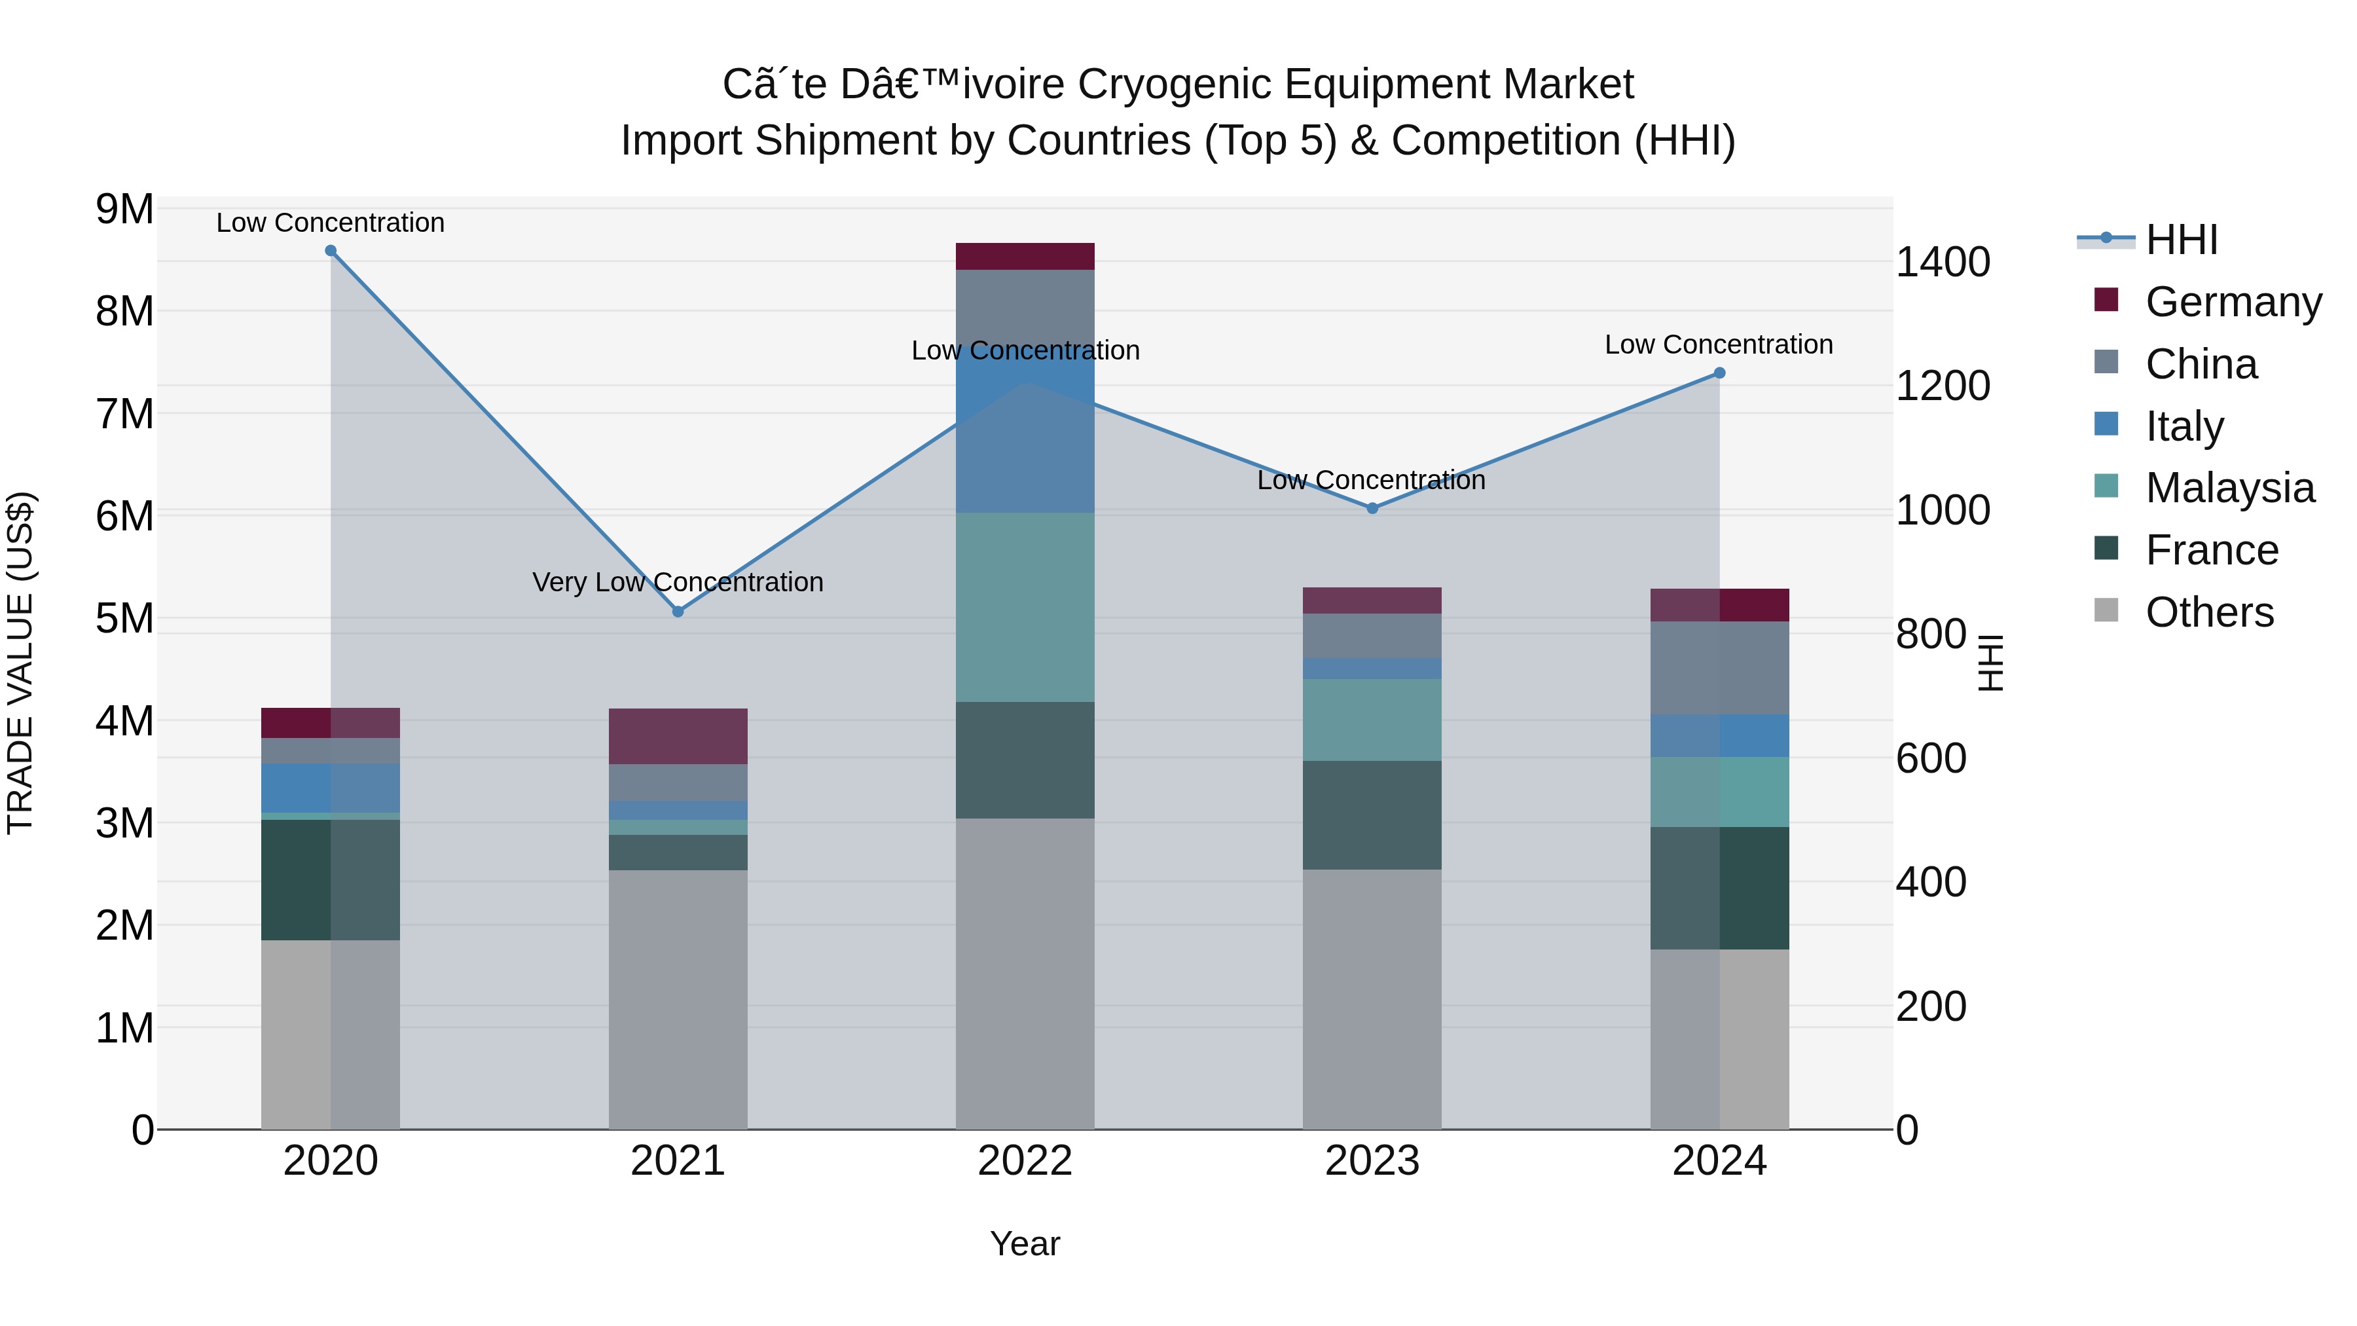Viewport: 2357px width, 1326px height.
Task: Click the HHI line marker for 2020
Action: click(x=331, y=251)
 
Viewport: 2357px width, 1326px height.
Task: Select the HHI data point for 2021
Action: click(x=678, y=612)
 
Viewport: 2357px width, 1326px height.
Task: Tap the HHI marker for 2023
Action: click(x=1372, y=508)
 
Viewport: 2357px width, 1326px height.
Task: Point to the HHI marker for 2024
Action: click(x=1719, y=373)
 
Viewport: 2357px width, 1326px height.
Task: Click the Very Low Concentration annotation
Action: click(x=678, y=583)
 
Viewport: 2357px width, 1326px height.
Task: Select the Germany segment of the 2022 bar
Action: click(x=1025, y=256)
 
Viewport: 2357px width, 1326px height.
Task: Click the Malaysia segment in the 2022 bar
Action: click(x=1025, y=608)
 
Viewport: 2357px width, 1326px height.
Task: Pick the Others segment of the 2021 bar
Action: click(x=678, y=999)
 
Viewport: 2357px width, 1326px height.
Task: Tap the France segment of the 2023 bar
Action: click(x=1372, y=815)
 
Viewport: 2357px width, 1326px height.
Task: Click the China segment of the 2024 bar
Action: click(x=1719, y=668)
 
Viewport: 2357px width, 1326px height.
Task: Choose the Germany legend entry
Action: click(x=2233, y=302)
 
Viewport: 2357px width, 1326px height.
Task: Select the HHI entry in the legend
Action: click(x=2182, y=240)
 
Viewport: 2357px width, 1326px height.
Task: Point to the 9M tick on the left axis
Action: click(x=124, y=210)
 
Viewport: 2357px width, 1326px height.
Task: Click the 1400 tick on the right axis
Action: click(x=1943, y=263)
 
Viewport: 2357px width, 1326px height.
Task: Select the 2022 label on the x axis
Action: click(x=1025, y=1161)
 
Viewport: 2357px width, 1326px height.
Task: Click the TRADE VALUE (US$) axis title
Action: click(x=20, y=663)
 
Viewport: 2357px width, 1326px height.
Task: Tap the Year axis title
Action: click(x=1025, y=1243)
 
